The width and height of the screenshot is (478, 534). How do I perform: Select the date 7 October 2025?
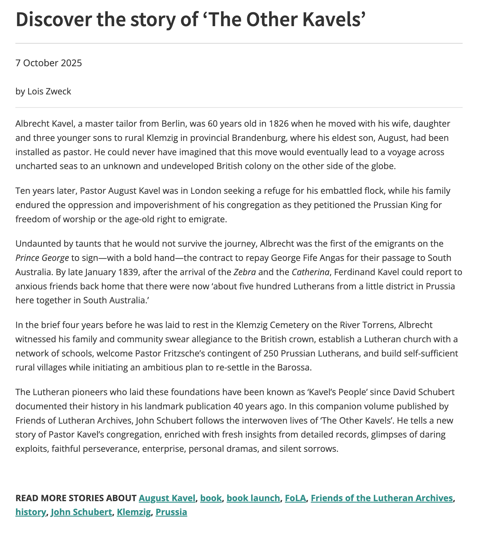[x=49, y=63]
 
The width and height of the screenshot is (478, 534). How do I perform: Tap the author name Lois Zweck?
[x=49, y=92]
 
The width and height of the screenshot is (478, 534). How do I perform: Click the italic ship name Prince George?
[x=42, y=258]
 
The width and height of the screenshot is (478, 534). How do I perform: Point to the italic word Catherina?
[x=310, y=272]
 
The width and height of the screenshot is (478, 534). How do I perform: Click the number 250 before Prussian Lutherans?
[x=271, y=353]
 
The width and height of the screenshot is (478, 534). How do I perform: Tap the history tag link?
[x=30, y=512]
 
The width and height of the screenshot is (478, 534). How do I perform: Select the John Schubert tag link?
[x=81, y=512]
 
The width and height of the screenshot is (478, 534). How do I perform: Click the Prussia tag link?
[x=171, y=512]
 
